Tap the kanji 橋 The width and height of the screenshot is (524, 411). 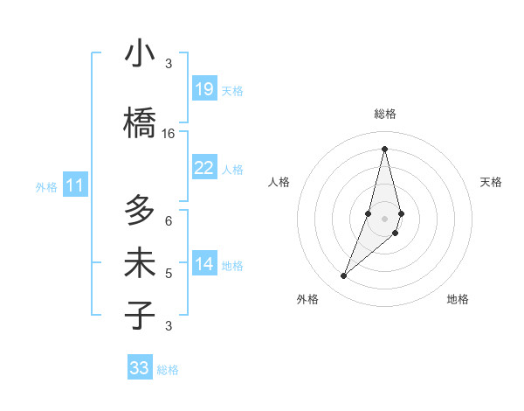pyautogui.click(x=140, y=122)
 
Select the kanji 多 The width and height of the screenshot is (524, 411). pyautogui.click(x=140, y=211)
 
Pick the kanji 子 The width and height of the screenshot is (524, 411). pyautogui.click(x=140, y=314)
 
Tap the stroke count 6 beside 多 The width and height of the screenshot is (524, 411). pyautogui.click(x=169, y=221)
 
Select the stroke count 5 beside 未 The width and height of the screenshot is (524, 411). pyautogui.click(x=169, y=274)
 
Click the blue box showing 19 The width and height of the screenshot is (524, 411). pyautogui.click(x=203, y=89)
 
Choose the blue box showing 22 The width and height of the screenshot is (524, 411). pyautogui.click(x=203, y=168)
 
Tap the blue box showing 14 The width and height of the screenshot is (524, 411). pyautogui.click(x=203, y=264)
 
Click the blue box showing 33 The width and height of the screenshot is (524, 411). pyautogui.click(x=140, y=368)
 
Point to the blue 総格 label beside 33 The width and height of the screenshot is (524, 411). pyautogui.click(x=168, y=370)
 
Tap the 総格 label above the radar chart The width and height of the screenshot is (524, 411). pyautogui.click(x=384, y=114)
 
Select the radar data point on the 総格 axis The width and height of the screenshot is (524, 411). pyautogui.click(x=384, y=149)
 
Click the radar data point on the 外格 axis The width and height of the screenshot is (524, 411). pyautogui.click(x=343, y=276)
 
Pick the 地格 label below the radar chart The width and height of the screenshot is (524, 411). pyautogui.click(x=458, y=299)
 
